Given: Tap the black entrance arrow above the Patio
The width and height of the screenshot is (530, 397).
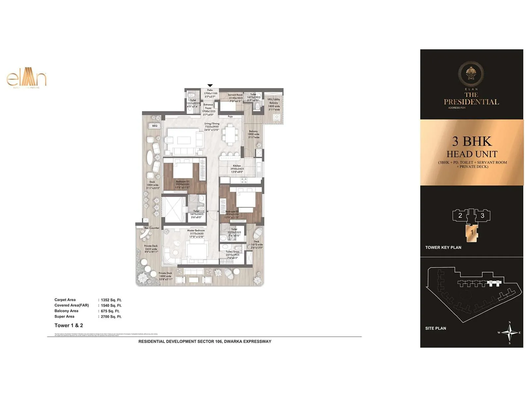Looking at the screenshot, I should (x=210, y=86).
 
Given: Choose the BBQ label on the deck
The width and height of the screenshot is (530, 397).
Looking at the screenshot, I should (x=155, y=126).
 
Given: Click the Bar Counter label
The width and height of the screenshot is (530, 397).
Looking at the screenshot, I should (x=152, y=228).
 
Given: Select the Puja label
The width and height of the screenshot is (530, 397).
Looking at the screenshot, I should (x=230, y=116).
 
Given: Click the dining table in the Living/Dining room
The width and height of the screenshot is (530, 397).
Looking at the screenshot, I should (x=230, y=135).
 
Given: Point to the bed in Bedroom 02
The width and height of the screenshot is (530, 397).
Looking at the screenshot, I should (x=245, y=200).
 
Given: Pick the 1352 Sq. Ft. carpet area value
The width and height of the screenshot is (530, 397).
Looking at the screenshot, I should (x=111, y=300).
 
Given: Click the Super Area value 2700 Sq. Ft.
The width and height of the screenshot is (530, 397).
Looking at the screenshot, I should (x=111, y=317).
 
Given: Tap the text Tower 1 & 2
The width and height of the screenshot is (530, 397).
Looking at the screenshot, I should (x=69, y=326).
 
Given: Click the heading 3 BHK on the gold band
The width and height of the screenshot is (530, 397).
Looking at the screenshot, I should (x=472, y=141).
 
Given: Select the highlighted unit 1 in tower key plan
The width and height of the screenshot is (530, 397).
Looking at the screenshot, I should (x=472, y=233).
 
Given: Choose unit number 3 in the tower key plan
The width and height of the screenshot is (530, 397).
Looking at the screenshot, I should (x=482, y=216).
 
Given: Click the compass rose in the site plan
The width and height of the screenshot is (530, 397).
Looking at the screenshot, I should (x=509, y=332).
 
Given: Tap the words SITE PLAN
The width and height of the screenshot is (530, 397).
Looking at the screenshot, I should (x=436, y=328).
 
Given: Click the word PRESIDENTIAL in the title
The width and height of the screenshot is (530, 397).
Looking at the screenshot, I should (x=471, y=102).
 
